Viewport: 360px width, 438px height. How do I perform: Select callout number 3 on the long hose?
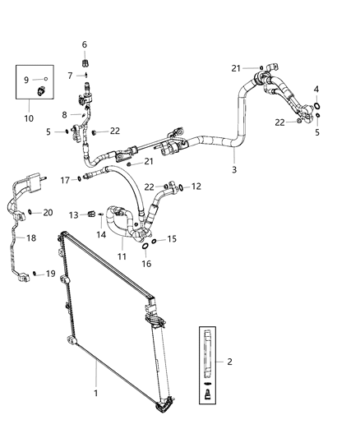point(234,169)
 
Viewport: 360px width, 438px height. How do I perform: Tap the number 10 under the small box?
point(29,118)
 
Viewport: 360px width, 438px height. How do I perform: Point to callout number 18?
point(32,237)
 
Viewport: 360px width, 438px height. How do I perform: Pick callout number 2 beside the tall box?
point(229,361)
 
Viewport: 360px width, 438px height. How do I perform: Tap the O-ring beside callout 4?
point(316,104)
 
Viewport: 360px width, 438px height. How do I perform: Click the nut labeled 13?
point(91,215)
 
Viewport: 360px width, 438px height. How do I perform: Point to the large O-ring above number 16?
point(145,245)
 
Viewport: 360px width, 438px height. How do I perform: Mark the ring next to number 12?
point(181,187)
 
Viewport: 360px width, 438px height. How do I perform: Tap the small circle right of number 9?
point(44,80)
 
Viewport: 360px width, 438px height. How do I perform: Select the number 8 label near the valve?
point(65,115)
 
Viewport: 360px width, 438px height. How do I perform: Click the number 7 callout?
point(71,75)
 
